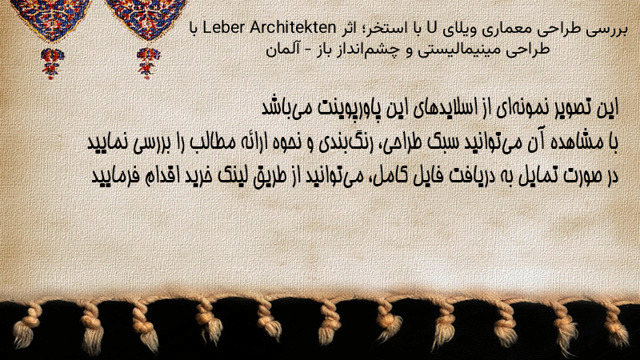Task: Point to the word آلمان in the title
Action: tap(281, 49)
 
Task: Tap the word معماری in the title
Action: tap(507, 30)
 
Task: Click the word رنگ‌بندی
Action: tap(336, 142)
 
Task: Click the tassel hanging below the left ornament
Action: tap(52, 63)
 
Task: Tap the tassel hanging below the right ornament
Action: tap(148, 63)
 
